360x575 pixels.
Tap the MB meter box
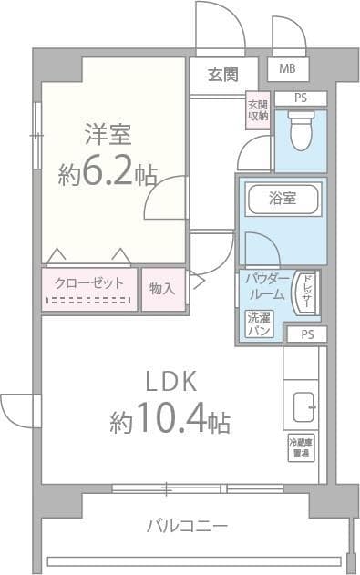[x=288, y=69]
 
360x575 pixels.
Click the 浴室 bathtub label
[x=281, y=197]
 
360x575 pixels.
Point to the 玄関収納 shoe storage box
[x=257, y=110]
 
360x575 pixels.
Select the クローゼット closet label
[x=88, y=282]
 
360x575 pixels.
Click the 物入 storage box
[x=163, y=289]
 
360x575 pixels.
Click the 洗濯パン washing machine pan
[x=258, y=325]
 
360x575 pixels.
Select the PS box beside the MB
[x=299, y=97]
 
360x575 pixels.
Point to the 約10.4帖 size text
[x=170, y=421]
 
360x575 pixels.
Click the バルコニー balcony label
[x=187, y=525]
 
